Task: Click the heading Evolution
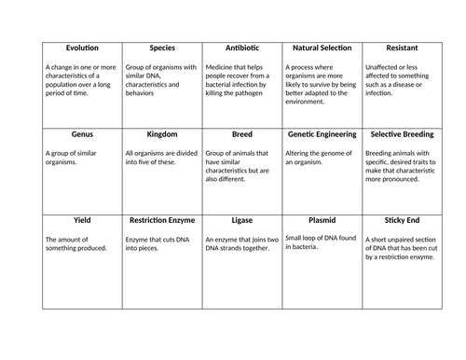point(82,48)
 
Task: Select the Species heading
point(162,48)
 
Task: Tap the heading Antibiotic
point(241,48)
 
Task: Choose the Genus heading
point(82,133)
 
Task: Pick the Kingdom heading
point(162,133)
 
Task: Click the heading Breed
point(241,133)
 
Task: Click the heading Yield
point(82,220)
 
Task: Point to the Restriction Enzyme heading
point(162,220)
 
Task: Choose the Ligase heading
point(241,220)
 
